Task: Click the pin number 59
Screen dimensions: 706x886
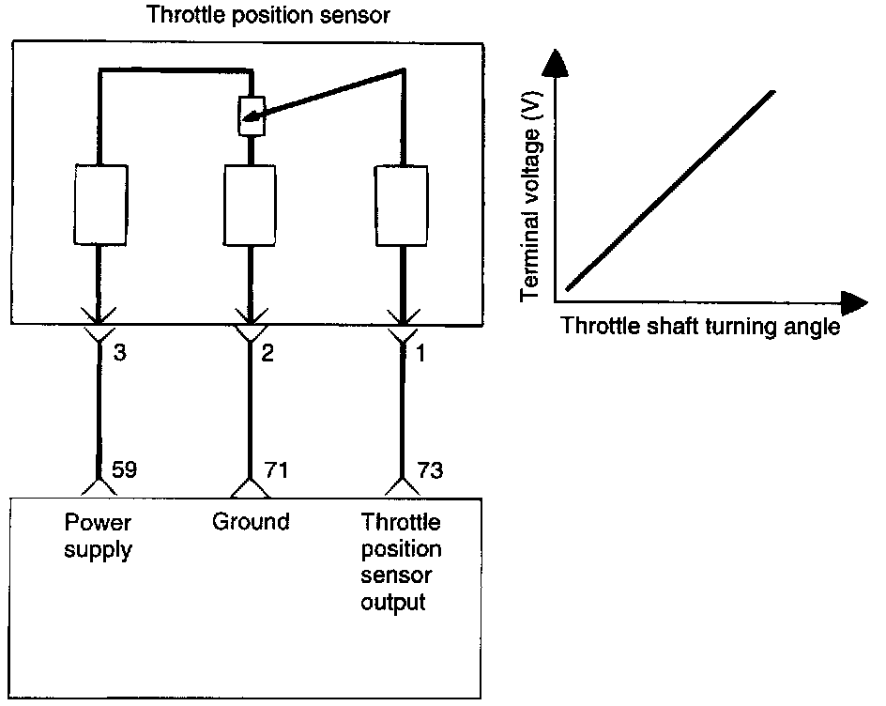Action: point(125,468)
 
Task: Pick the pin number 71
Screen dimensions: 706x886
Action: point(274,468)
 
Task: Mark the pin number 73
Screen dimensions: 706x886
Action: point(430,468)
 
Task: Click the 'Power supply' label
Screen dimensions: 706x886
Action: point(98,536)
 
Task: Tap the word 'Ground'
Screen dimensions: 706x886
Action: point(251,522)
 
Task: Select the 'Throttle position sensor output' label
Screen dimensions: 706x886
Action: point(402,562)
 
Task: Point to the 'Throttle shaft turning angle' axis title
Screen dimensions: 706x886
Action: point(699,328)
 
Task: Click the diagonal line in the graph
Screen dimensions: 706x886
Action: point(671,191)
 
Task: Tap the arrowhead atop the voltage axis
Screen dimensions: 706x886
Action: point(556,63)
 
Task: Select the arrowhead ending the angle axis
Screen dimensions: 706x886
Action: point(852,302)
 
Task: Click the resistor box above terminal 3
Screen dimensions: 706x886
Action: point(99,205)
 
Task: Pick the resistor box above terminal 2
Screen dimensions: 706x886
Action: point(249,205)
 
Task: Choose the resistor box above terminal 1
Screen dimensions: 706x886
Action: point(402,205)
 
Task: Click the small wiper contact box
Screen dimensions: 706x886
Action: point(249,116)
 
